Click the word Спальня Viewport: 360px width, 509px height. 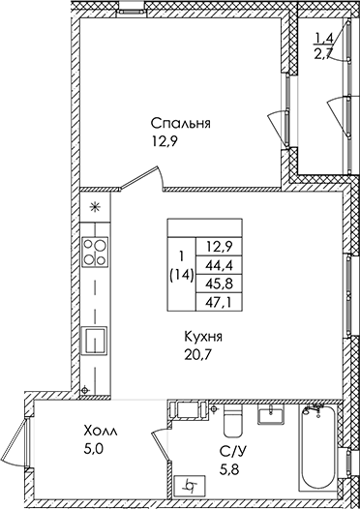click(180, 124)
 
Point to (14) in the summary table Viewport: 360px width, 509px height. click(180, 275)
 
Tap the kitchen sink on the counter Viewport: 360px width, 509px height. click(95, 341)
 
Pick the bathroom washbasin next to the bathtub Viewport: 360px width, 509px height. click(270, 417)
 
